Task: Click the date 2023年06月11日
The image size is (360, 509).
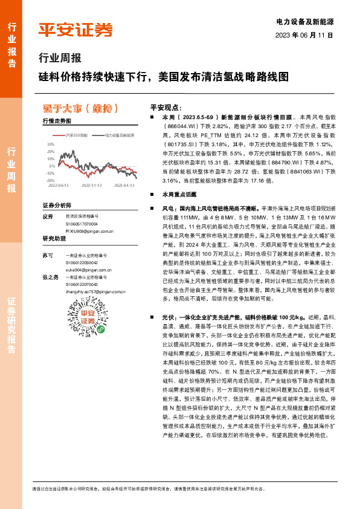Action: pos(304,35)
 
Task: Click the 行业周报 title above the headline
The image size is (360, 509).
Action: pos(59,59)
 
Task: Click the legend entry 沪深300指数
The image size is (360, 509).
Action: pos(76,136)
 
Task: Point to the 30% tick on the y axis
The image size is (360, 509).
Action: pos(50,145)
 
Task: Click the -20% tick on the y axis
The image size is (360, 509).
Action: pos(50,180)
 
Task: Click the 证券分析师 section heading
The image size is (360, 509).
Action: pos(57,206)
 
